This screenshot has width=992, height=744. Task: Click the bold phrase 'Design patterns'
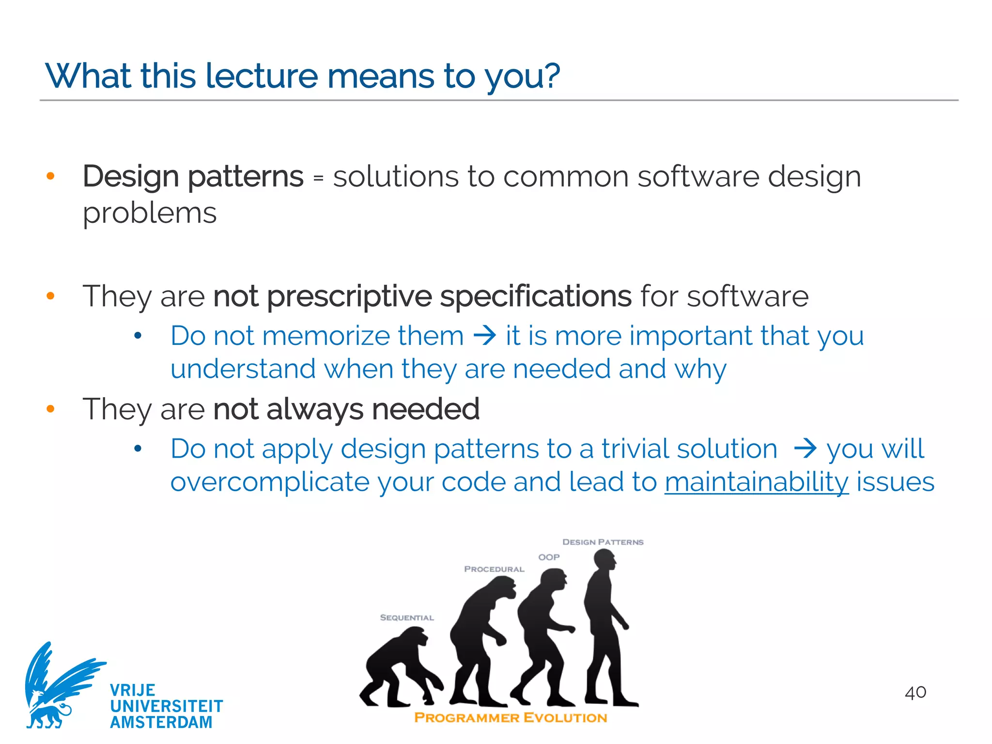pos(193,176)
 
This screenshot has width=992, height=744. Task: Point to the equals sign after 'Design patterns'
pos(318,178)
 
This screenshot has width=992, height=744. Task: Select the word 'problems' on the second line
pos(149,214)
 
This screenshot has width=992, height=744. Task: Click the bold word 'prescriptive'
pos(349,296)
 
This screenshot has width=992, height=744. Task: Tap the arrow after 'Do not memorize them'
pos(485,335)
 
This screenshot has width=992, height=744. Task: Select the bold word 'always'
pos(314,409)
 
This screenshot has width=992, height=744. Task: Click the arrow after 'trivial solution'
pos(806,448)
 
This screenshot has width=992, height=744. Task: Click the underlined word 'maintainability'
pos(756,482)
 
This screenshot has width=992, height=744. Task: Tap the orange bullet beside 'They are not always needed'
pos(50,409)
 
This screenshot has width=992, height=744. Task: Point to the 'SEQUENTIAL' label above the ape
pos(407,618)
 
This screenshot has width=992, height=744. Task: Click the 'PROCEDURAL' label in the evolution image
pos(494,569)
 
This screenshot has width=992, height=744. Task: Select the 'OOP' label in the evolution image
pos(549,558)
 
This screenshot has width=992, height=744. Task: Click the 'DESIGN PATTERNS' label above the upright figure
pos(603,542)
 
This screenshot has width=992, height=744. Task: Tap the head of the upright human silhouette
pos(604,561)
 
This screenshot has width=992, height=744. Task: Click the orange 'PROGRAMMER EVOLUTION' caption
pos(511,718)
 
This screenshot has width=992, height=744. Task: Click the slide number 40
pos(915,693)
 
